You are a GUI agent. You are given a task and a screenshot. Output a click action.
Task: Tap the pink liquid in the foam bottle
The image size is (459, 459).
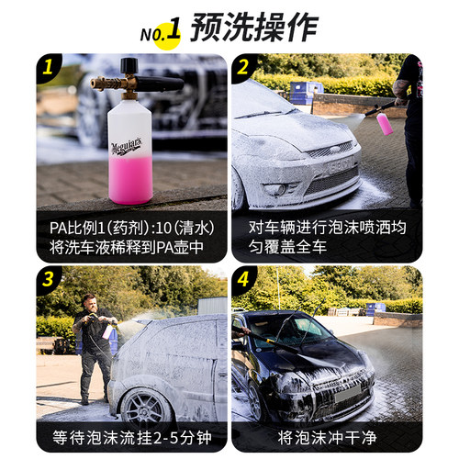pyautogui.click(x=131, y=174)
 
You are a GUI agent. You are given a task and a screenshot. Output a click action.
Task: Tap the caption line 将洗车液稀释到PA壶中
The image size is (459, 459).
pyautogui.click(x=132, y=246)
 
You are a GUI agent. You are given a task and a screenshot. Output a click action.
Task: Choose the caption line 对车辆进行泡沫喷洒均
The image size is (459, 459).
pyautogui.click(x=327, y=224)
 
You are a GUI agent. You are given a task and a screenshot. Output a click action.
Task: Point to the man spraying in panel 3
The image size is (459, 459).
pyautogui.click(x=95, y=344)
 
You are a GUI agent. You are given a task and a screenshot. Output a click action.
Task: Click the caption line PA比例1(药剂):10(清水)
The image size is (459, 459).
pyautogui.click(x=132, y=224)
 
